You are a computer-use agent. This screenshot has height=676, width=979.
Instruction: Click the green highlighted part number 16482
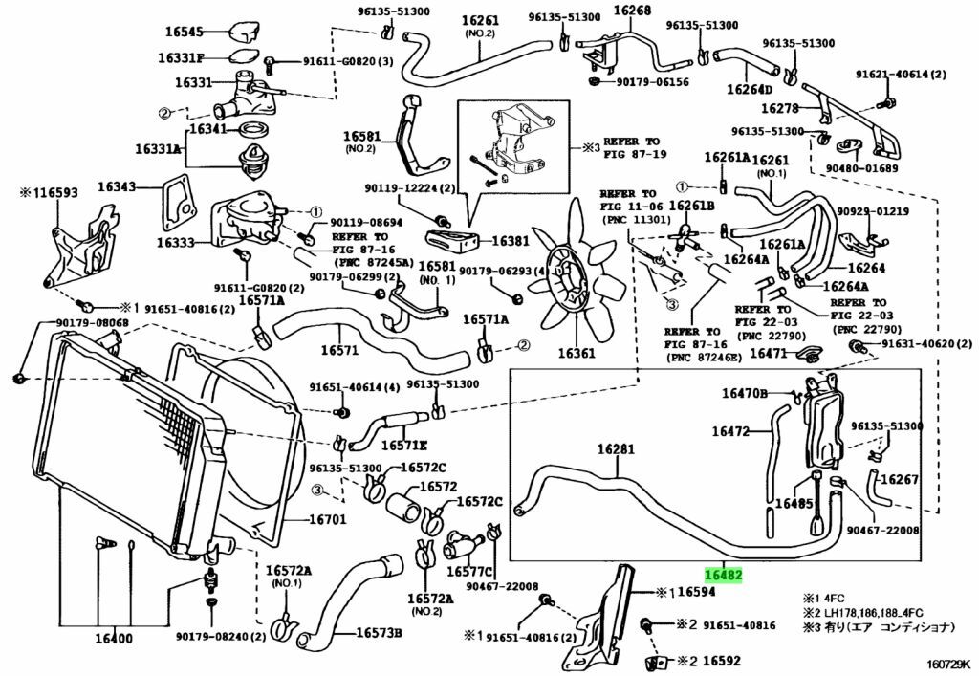click(724, 575)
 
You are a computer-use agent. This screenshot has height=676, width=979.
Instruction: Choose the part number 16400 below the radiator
click(115, 638)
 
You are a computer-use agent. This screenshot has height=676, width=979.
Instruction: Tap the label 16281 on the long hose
click(616, 448)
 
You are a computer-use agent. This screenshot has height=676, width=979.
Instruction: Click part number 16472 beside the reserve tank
click(729, 431)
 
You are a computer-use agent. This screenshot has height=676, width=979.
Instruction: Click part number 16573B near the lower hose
click(379, 633)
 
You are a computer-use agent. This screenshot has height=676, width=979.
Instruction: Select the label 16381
click(511, 241)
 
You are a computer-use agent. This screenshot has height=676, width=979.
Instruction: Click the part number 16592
click(723, 660)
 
